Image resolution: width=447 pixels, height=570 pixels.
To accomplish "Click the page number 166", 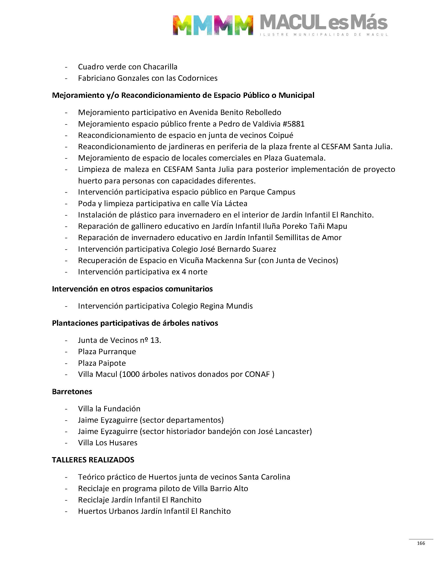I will click(x=421, y=543).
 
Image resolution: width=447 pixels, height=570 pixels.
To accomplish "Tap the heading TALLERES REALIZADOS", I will click(x=93, y=460).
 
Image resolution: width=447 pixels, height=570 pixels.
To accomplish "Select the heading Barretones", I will click(x=72, y=391).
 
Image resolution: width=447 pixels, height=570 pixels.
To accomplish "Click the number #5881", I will click(x=294, y=124).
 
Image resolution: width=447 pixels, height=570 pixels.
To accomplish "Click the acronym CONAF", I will click(x=257, y=374).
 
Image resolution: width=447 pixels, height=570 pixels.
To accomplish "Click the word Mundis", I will click(x=239, y=306).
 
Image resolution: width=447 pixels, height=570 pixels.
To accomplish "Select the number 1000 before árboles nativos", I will click(x=131, y=374).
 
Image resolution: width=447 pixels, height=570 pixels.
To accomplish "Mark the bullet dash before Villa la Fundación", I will click(x=66, y=409).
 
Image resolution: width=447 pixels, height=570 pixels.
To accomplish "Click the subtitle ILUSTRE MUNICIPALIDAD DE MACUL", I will click(x=324, y=34).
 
